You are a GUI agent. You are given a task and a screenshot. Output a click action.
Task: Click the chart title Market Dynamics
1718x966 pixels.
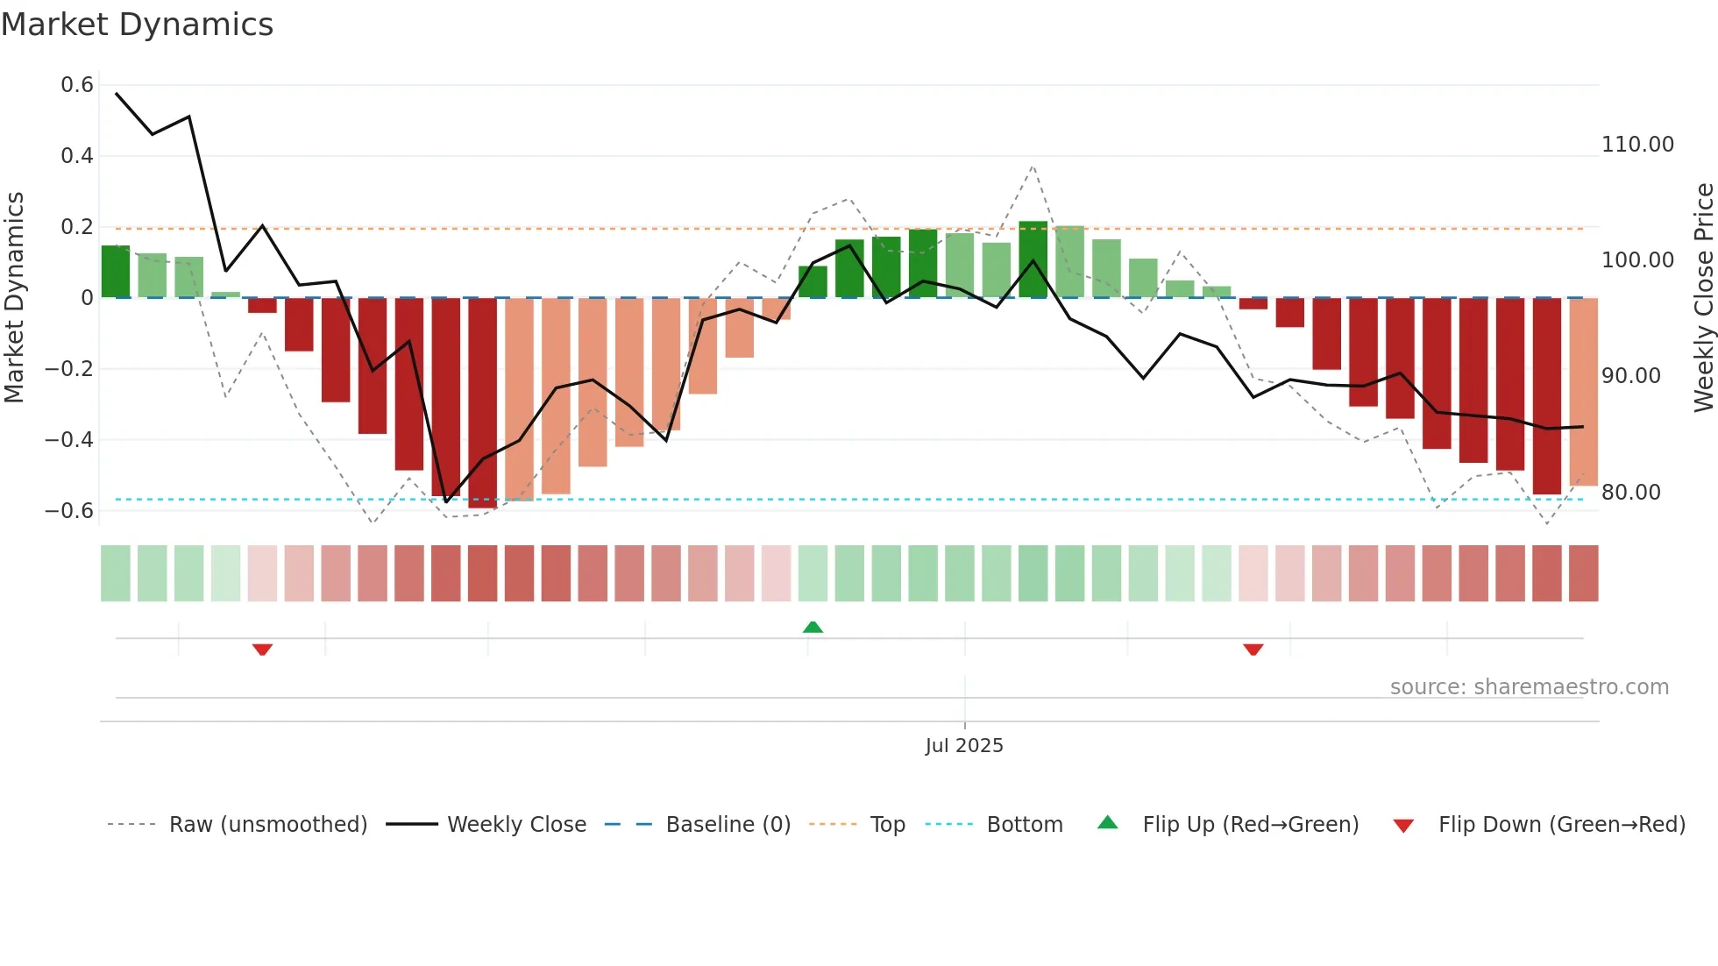[x=137, y=25]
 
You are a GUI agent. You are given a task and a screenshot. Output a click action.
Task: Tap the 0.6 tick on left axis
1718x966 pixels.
[x=77, y=85]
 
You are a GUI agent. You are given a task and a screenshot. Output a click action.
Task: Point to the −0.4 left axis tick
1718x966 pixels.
[x=69, y=439]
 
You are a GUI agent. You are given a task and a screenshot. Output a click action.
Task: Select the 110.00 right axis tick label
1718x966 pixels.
[x=1637, y=145]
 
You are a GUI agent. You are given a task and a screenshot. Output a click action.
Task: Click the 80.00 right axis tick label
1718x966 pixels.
[x=1630, y=493]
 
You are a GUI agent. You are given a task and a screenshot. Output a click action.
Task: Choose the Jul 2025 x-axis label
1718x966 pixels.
[x=964, y=746]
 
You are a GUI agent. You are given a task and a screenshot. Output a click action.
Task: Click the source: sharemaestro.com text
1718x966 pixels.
[x=1529, y=687]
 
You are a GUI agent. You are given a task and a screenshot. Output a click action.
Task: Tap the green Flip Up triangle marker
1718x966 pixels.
[x=813, y=628]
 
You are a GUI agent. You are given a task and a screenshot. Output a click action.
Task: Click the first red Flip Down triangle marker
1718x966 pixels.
[x=262, y=650]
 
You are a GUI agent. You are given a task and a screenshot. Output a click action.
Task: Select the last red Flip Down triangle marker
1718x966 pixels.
[x=1253, y=650]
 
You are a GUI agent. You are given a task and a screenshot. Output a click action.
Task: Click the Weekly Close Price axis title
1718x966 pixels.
[x=1703, y=297]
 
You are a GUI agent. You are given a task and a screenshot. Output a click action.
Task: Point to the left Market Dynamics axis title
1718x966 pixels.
[x=14, y=297]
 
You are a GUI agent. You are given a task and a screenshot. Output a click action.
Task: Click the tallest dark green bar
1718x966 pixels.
[x=1033, y=259]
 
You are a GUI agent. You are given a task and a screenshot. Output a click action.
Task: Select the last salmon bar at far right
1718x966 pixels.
[x=1583, y=391]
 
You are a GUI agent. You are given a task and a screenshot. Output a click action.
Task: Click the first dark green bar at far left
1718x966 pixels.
[x=116, y=272]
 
